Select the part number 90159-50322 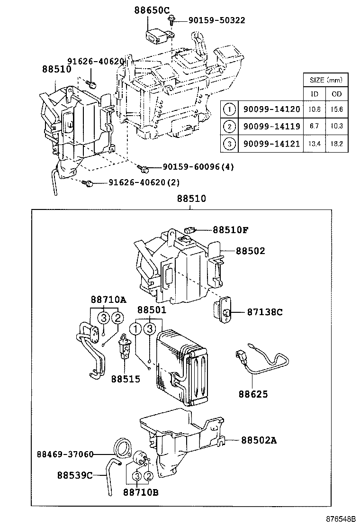tap(216, 20)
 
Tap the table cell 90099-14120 tap(269, 109)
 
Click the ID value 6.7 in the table tap(314, 127)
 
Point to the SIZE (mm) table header tap(325, 80)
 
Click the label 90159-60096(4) tap(198, 167)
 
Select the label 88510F tap(231, 230)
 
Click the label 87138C tap(264, 312)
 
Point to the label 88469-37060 tap(65, 454)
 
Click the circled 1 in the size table tap(229, 109)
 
